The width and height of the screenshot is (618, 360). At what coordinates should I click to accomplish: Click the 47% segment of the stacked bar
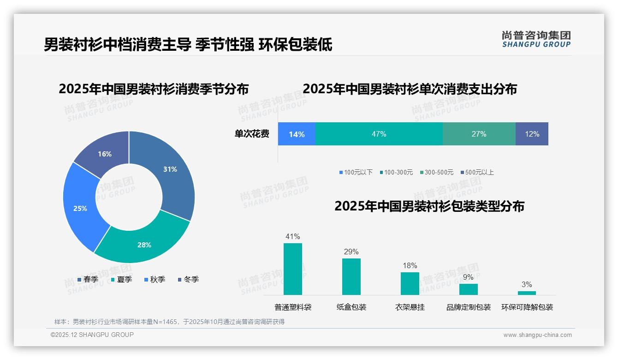(379, 134)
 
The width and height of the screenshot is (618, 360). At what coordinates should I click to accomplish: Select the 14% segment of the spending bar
(297, 134)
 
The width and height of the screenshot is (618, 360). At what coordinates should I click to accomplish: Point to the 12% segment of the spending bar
(532, 134)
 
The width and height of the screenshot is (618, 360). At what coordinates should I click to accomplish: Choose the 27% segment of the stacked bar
(479, 134)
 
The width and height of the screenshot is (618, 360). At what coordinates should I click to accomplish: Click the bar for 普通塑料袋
(293, 269)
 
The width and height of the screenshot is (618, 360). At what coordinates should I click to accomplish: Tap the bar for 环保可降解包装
(527, 293)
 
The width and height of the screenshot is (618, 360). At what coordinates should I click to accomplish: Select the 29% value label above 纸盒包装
(351, 252)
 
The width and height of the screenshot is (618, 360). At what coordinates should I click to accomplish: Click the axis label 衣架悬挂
(410, 307)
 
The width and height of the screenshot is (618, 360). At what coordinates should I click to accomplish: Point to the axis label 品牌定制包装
(468, 307)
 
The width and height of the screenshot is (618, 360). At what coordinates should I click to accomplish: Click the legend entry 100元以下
(356, 172)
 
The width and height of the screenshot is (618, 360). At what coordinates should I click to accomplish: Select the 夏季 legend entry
(122, 279)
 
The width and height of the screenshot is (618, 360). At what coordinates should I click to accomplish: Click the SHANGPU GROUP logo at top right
(536, 39)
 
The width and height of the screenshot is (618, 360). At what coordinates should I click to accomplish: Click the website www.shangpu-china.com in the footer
(537, 335)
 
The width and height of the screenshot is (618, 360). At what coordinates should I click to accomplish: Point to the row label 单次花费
(252, 134)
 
